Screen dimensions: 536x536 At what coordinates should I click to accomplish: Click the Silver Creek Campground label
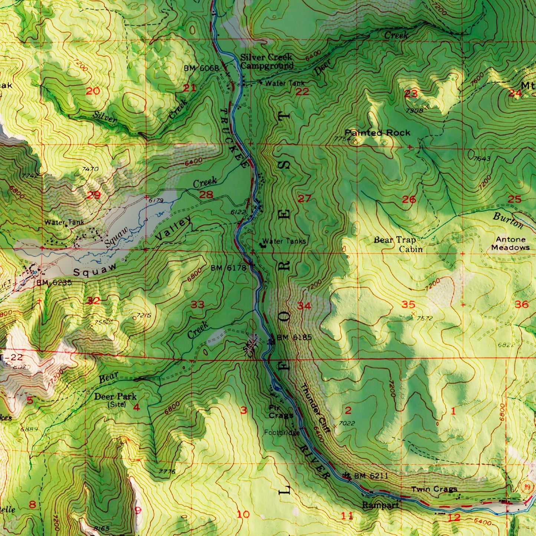point(266,62)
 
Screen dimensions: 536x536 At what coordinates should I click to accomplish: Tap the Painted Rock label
point(377,133)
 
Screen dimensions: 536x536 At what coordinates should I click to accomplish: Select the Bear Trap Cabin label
point(395,244)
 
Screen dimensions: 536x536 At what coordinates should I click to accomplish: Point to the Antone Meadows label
point(510,244)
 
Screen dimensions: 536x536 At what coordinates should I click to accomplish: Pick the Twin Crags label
point(434,489)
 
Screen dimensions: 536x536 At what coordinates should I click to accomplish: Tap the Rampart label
point(380,505)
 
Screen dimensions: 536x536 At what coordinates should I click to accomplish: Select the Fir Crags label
point(281,411)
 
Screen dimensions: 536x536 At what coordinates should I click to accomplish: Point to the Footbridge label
point(282,433)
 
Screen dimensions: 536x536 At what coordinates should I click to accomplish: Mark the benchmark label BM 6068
point(201,68)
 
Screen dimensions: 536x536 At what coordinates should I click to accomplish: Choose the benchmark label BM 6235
point(54,283)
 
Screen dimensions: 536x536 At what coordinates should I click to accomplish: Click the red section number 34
point(304,306)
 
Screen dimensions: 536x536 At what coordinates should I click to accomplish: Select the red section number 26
point(409,200)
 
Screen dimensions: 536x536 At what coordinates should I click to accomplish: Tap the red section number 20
point(93,91)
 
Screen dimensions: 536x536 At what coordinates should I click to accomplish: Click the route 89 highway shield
point(527,487)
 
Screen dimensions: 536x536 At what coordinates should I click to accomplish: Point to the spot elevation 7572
point(424,318)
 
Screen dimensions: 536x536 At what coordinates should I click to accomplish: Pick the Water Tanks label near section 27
point(284,241)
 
